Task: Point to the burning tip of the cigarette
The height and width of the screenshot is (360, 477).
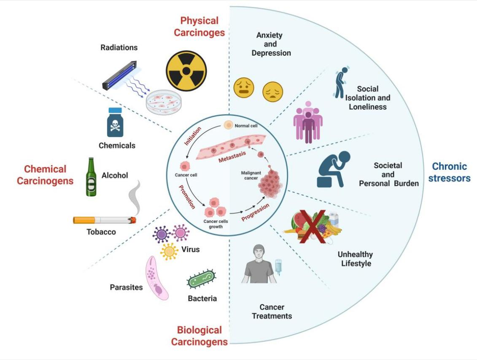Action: tap(133, 219)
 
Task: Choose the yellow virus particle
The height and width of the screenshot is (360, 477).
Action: tap(170, 251)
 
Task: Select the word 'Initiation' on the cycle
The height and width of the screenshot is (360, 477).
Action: tap(193, 136)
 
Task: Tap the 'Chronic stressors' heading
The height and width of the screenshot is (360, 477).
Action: tap(449, 172)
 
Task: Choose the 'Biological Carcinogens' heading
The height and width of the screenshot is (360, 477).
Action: tap(199, 336)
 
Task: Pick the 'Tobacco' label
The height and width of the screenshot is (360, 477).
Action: tap(101, 232)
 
